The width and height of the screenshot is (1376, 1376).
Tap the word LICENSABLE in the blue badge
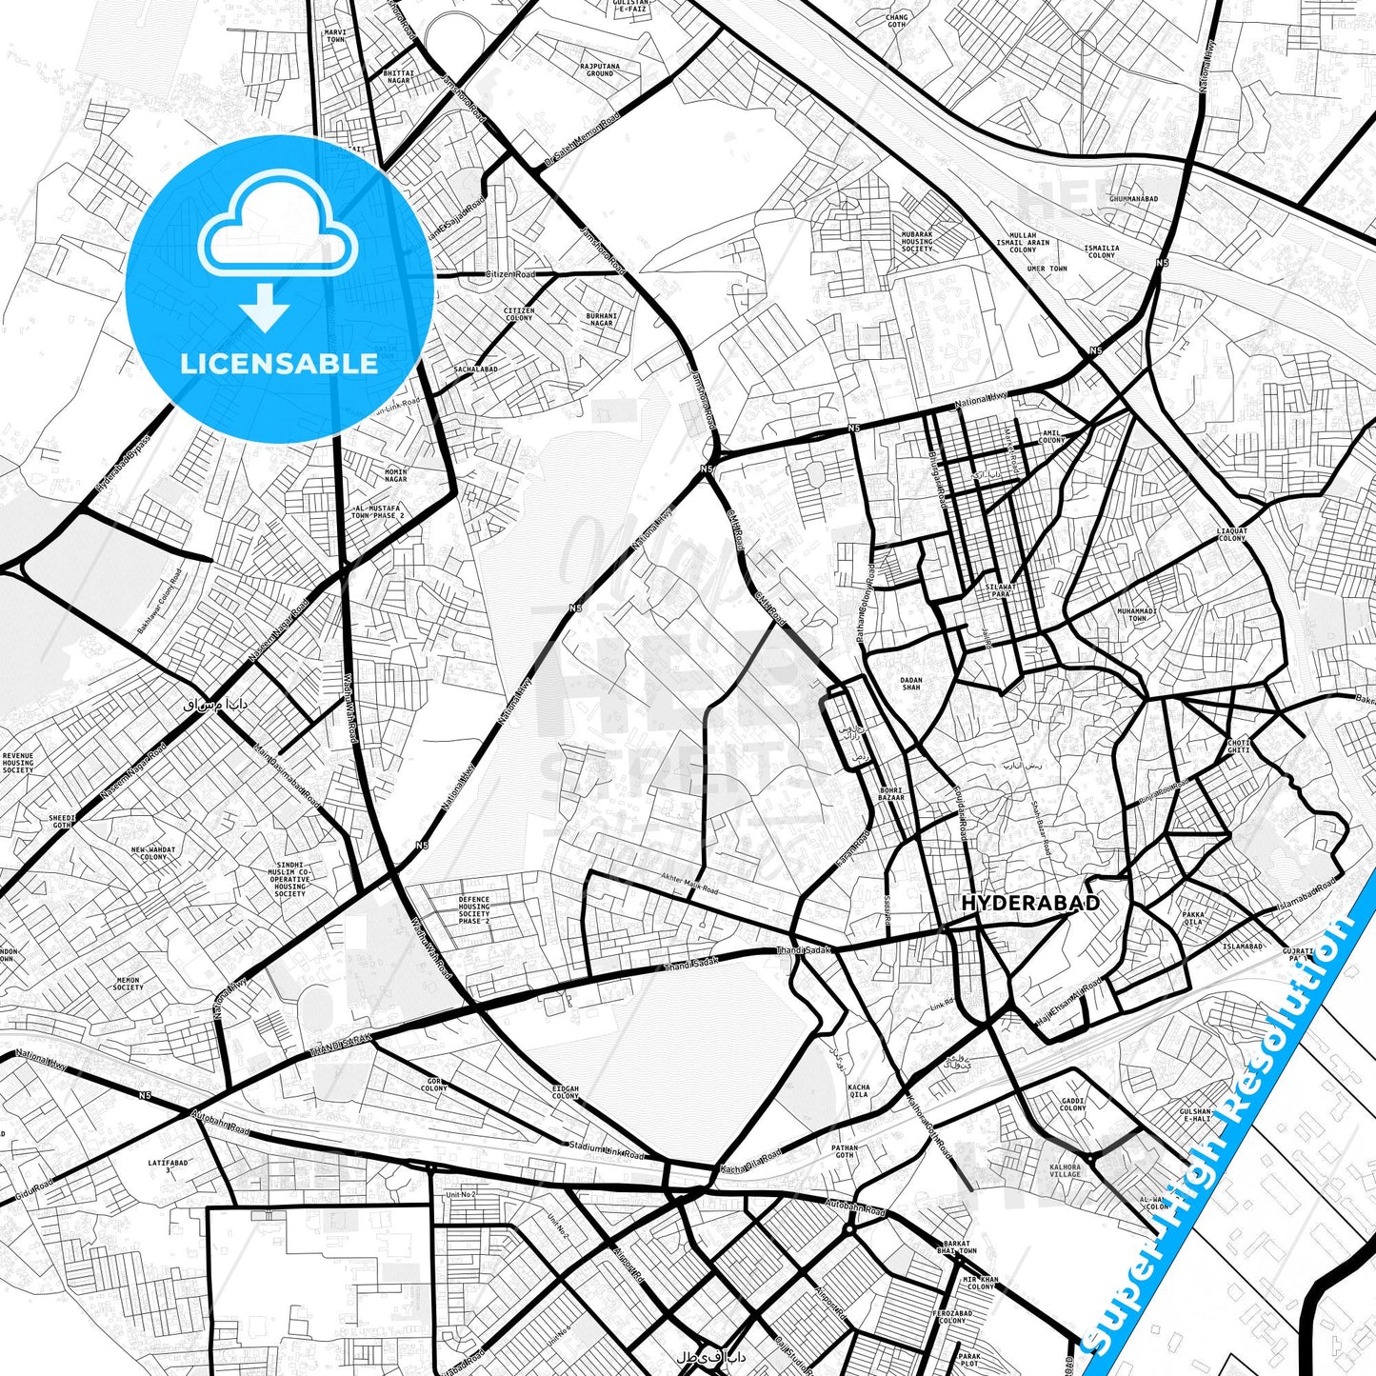tap(279, 364)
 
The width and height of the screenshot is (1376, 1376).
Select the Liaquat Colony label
tap(1231, 533)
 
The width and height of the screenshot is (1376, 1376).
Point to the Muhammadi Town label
tap(1137, 614)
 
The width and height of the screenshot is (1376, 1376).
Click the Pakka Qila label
tap(1192, 918)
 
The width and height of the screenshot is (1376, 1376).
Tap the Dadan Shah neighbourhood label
tap(911, 684)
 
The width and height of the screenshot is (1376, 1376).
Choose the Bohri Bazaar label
tap(891, 793)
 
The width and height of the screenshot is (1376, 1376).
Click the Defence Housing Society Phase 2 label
tap(473, 910)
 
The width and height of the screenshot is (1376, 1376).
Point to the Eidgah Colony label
tap(565, 1091)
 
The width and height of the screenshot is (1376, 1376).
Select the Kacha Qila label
tap(858, 1091)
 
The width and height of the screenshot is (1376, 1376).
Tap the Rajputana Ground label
tap(599, 70)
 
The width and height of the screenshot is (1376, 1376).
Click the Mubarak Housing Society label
tap(917, 241)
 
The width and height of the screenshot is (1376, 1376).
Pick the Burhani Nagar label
tap(601, 319)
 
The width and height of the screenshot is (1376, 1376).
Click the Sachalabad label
tap(475, 369)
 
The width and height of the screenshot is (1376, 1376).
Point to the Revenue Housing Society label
tap(17, 763)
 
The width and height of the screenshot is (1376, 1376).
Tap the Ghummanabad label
tap(1133, 198)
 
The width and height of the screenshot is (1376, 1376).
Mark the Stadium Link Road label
tap(607, 1150)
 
